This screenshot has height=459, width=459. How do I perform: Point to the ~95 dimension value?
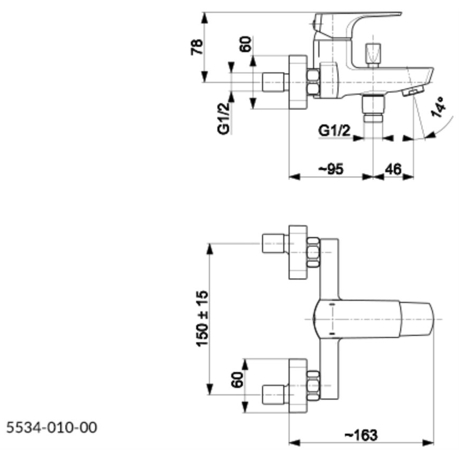331,169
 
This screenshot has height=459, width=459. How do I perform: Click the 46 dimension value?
392,169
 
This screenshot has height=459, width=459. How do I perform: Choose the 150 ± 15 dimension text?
202,319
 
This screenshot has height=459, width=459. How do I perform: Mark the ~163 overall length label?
361,435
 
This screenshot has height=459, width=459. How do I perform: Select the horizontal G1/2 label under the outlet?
334,131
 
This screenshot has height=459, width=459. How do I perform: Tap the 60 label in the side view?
246,45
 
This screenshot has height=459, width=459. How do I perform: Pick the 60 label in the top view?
237,379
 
